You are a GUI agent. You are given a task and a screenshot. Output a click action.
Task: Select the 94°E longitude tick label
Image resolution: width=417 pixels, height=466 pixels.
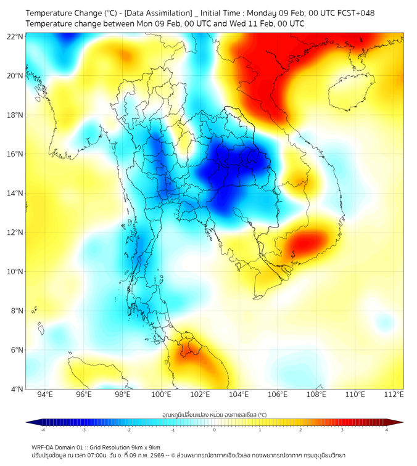[45, 394]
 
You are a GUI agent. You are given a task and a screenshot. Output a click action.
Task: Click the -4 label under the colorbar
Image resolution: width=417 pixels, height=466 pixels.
[43, 430]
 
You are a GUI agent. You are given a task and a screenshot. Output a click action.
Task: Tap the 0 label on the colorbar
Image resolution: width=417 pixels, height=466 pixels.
[215, 430]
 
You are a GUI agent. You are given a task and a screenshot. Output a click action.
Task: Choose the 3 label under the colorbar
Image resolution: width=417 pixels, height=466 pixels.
[343, 430]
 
